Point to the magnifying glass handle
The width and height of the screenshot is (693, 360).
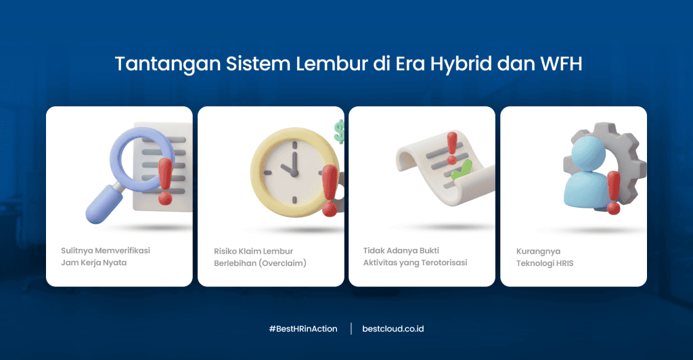101,206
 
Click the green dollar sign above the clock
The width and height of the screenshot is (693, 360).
339,130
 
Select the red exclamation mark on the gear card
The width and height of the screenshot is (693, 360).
613,192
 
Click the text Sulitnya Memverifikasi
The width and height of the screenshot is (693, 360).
105,250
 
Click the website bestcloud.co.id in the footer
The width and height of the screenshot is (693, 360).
393,329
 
